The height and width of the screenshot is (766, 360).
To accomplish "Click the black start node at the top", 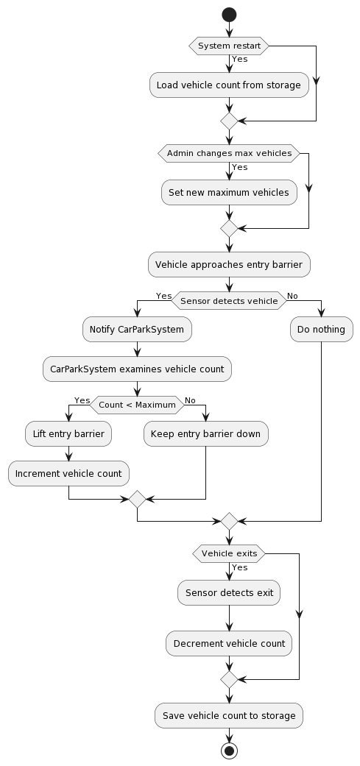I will coord(229,14).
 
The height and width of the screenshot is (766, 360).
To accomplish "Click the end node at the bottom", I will coord(229,750).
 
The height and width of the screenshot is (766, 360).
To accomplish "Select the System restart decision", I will coord(229,46).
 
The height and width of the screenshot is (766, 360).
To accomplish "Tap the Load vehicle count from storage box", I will coord(229,85).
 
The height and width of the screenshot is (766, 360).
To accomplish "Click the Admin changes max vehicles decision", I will coord(229,153).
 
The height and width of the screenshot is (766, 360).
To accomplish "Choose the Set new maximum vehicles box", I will coord(229,193).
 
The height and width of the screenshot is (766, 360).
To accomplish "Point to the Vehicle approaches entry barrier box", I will coord(229,265).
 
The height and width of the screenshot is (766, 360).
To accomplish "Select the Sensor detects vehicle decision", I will coord(229,300).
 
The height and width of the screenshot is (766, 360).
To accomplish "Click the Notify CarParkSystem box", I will coord(137,330).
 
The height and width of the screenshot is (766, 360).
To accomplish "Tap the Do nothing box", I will coord(321,330).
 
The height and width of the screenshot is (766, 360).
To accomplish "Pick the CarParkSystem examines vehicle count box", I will coord(137,369).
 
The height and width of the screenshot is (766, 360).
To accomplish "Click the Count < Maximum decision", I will coord(137,405).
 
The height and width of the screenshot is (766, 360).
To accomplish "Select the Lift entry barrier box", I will coord(68,434).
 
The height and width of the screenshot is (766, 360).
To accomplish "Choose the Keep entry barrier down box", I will coord(205,434).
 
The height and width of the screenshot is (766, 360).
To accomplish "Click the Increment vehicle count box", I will coord(68,474).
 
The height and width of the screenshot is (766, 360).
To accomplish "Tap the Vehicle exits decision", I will coord(229,553).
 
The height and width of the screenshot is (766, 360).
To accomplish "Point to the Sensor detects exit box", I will coord(229,593).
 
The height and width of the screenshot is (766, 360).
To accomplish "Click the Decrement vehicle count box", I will coord(229,643).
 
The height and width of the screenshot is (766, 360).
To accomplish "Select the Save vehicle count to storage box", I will coord(229,715).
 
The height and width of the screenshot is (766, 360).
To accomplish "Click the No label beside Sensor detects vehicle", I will coord(292,295).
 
